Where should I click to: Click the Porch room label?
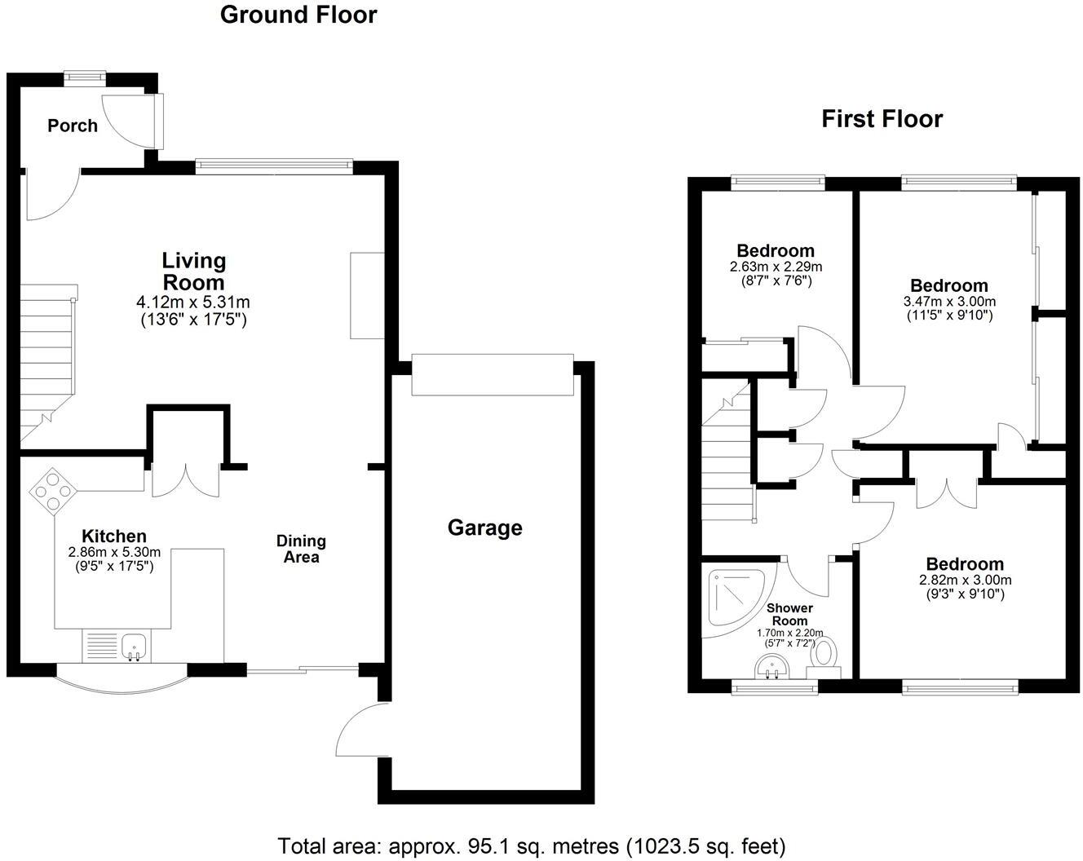pos(72,126)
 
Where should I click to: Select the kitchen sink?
pos(133,647)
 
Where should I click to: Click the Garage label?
pos(484,528)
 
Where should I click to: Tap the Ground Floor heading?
pos(298,15)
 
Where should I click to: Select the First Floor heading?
pos(882,119)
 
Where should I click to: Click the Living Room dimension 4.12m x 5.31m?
pos(193,302)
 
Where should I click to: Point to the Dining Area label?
pos(301,549)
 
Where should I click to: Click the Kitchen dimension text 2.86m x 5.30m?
pos(114,552)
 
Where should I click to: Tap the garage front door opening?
pos(492,375)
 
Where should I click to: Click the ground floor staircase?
pos(46,359)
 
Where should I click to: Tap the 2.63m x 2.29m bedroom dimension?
pos(776,267)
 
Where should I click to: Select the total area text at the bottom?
pos(532,846)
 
